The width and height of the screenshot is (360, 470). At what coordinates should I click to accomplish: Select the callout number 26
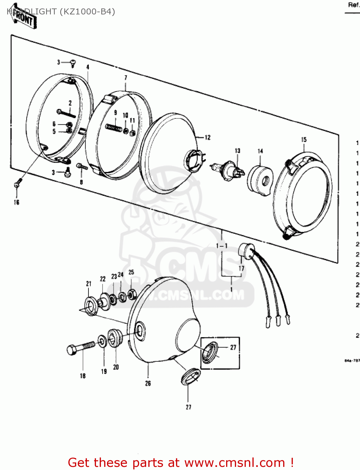(148, 383)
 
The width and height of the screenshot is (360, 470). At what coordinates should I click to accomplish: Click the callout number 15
(304, 140)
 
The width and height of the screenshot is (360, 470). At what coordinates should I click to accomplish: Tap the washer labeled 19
(102, 341)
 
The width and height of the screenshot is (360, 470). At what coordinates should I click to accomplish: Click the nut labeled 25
(132, 294)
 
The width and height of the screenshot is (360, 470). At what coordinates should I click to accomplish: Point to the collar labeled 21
(91, 306)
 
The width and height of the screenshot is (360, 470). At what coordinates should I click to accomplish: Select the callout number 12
(208, 138)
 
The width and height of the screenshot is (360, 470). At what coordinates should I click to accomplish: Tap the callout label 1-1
(222, 246)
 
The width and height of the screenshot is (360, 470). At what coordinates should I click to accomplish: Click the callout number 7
(126, 78)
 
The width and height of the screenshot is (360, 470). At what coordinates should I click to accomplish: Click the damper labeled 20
(114, 337)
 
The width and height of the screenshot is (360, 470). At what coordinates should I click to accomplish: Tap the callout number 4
(88, 67)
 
